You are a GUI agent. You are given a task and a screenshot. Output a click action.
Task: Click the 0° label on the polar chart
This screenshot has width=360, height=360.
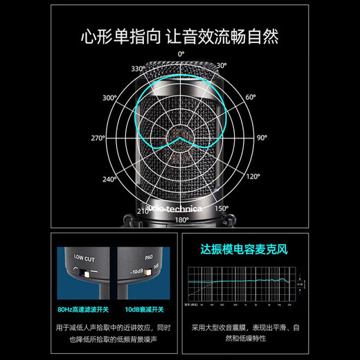(181, 53)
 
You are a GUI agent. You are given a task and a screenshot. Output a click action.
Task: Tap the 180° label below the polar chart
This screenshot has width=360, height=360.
(181, 219)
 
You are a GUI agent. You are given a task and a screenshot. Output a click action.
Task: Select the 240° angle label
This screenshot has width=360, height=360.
(109, 179)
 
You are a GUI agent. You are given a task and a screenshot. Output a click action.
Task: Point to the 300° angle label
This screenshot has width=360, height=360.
(109, 98)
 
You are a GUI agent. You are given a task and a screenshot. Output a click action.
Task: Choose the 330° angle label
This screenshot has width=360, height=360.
(139, 69)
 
